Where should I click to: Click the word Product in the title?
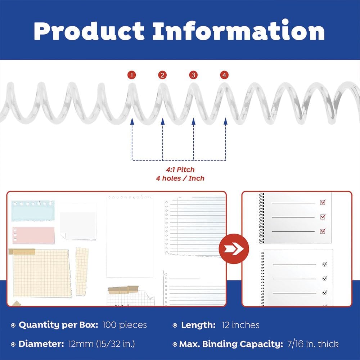pyautogui.click(x=89, y=31)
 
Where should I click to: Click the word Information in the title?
pyautogui.click(x=239, y=30)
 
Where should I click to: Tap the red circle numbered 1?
pyautogui.click(x=132, y=75)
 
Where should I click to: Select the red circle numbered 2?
pyautogui.click(x=162, y=75)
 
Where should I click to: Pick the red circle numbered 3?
pyautogui.click(x=193, y=75)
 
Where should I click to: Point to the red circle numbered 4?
pyautogui.click(x=224, y=75)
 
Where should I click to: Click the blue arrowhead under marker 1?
pyautogui.click(x=132, y=121)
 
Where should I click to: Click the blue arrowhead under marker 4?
pyautogui.click(x=225, y=121)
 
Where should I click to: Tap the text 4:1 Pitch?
pyautogui.click(x=180, y=170)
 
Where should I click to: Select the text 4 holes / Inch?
pyautogui.click(x=180, y=179)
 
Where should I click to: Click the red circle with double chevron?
pyautogui.click(x=234, y=249)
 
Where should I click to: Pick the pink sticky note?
pyautogui.click(x=34, y=235)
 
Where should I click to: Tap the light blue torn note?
pyautogui.click(x=33, y=211)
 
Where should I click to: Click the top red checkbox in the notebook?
pyautogui.click(x=323, y=202)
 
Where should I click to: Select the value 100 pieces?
pyautogui.click(x=125, y=325)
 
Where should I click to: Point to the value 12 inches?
pyautogui.click(x=240, y=325)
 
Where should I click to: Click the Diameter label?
pyautogui.click(x=41, y=344)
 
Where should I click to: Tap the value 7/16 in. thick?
pyautogui.click(x=313, y=344)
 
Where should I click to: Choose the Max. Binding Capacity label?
pyautogui.click(x=231, y=344)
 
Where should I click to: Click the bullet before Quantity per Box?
pyautogui.click(x=13, y=325)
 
